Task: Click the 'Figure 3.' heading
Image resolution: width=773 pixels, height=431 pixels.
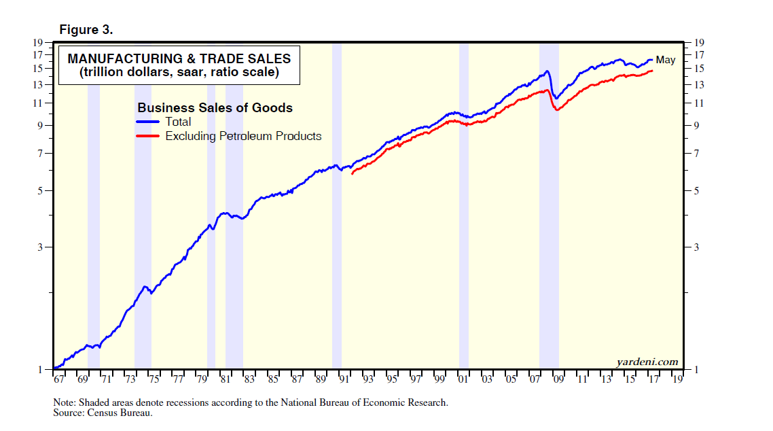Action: click(x=86, y=30)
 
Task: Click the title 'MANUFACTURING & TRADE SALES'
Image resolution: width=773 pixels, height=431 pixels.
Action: click(x=179, y=59)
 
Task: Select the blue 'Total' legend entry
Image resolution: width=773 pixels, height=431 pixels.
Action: click(x=178, y=122)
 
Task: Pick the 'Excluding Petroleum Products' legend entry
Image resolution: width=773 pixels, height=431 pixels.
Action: click(x=243, y=136)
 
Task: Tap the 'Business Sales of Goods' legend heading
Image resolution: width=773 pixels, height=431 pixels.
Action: click(x=215, y=107)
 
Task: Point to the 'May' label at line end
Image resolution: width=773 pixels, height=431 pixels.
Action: click(x=665, y=61)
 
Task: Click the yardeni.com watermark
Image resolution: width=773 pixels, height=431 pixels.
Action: click(x=647, y=362)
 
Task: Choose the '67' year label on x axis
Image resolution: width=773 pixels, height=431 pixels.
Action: click(x=58, y=379)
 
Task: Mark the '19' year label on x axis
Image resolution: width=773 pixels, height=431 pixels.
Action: click(x=677, y=379)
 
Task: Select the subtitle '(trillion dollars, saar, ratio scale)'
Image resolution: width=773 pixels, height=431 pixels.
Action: click(x=179, y=73)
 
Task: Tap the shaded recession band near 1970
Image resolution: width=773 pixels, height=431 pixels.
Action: click(x=94, y=204)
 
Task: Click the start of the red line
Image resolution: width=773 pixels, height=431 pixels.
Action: click(x=352, y=174)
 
